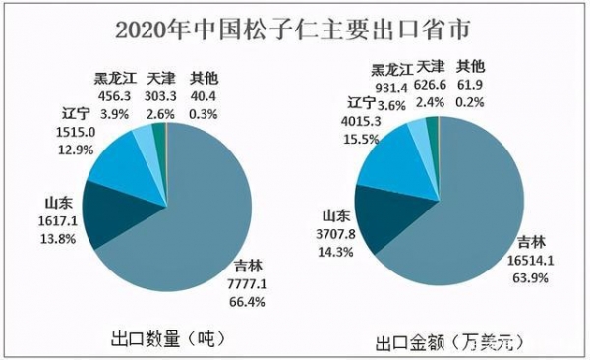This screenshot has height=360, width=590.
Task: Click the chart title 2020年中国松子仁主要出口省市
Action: click(x=295, y=28)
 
